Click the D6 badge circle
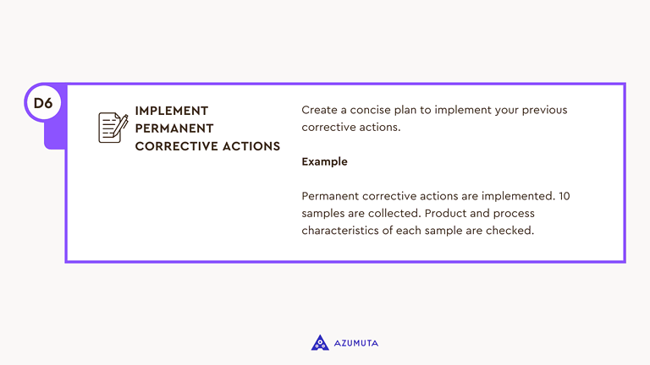coord(43,103)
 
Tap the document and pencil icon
coord(113,128)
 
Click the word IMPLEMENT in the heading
coord(172,111)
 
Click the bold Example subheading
coord(324,161)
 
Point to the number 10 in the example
coord(564,196)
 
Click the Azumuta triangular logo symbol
coord(320,342)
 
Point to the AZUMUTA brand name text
coord(355,343)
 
